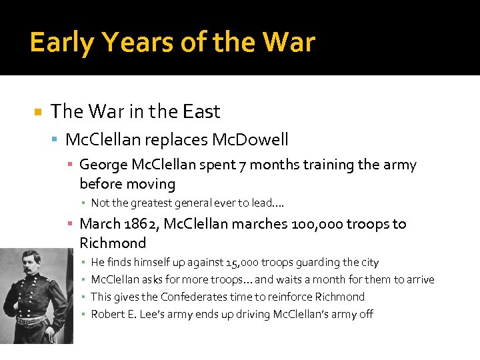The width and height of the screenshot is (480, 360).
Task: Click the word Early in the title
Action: tap(63, 43)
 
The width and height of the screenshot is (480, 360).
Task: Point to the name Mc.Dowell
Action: tap(250, 139)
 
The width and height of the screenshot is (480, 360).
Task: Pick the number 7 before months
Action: tap(240, 165)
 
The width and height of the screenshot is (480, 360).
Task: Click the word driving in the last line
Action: tap(250, 314)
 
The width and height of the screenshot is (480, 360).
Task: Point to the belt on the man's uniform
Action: tap(31, 321)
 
